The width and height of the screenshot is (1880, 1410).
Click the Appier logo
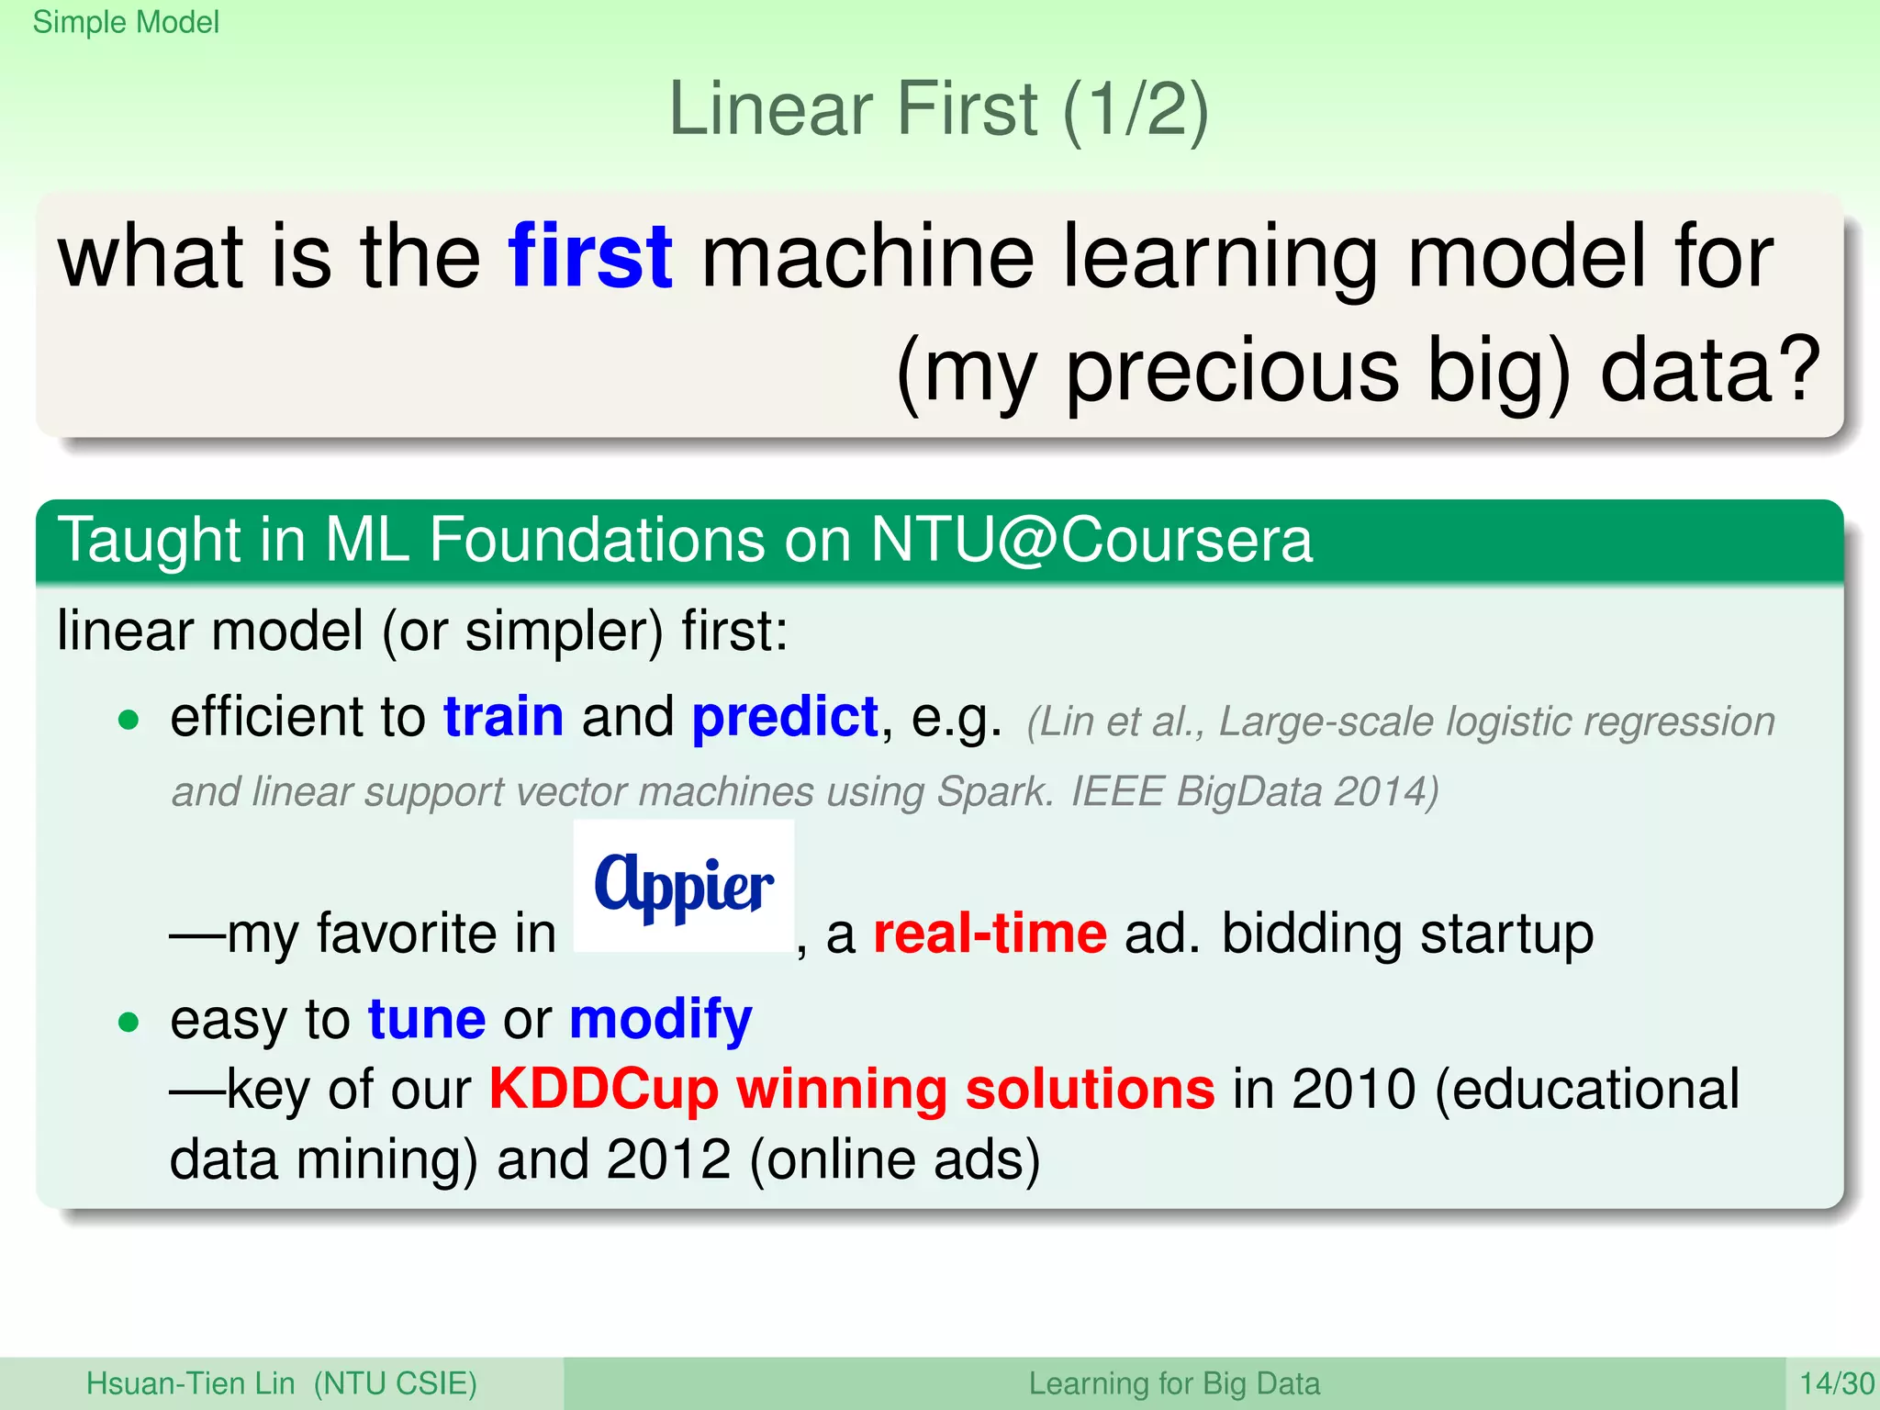(684, 886)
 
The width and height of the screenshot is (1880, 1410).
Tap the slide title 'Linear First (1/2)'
(938, 109)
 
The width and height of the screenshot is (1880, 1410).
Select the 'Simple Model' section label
(126, 22)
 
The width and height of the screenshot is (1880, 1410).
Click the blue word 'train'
(503, 717)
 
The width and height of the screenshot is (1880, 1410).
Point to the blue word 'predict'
(785, 717)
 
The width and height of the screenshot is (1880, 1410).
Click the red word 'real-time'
(990, 934)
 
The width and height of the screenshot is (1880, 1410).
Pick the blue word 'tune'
(427, 1019)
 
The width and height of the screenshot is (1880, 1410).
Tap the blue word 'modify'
(660, 1019)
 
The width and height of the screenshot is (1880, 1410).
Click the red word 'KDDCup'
(603, 1090)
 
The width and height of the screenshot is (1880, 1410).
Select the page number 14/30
(1835, 1383)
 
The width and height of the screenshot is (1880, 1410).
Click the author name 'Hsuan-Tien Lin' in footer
(190, 1383)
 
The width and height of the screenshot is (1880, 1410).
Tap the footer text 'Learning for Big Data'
(1173, 1383)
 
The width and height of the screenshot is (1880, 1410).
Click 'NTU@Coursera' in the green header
(1091, 540)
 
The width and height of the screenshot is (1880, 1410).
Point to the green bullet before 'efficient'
(129, 720)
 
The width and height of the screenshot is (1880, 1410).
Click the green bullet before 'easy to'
(129, 1022)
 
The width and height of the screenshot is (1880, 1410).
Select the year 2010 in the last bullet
(1353, 1090)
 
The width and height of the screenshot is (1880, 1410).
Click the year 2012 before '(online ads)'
(668, 1159)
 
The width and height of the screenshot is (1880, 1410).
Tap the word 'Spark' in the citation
(994, 791)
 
